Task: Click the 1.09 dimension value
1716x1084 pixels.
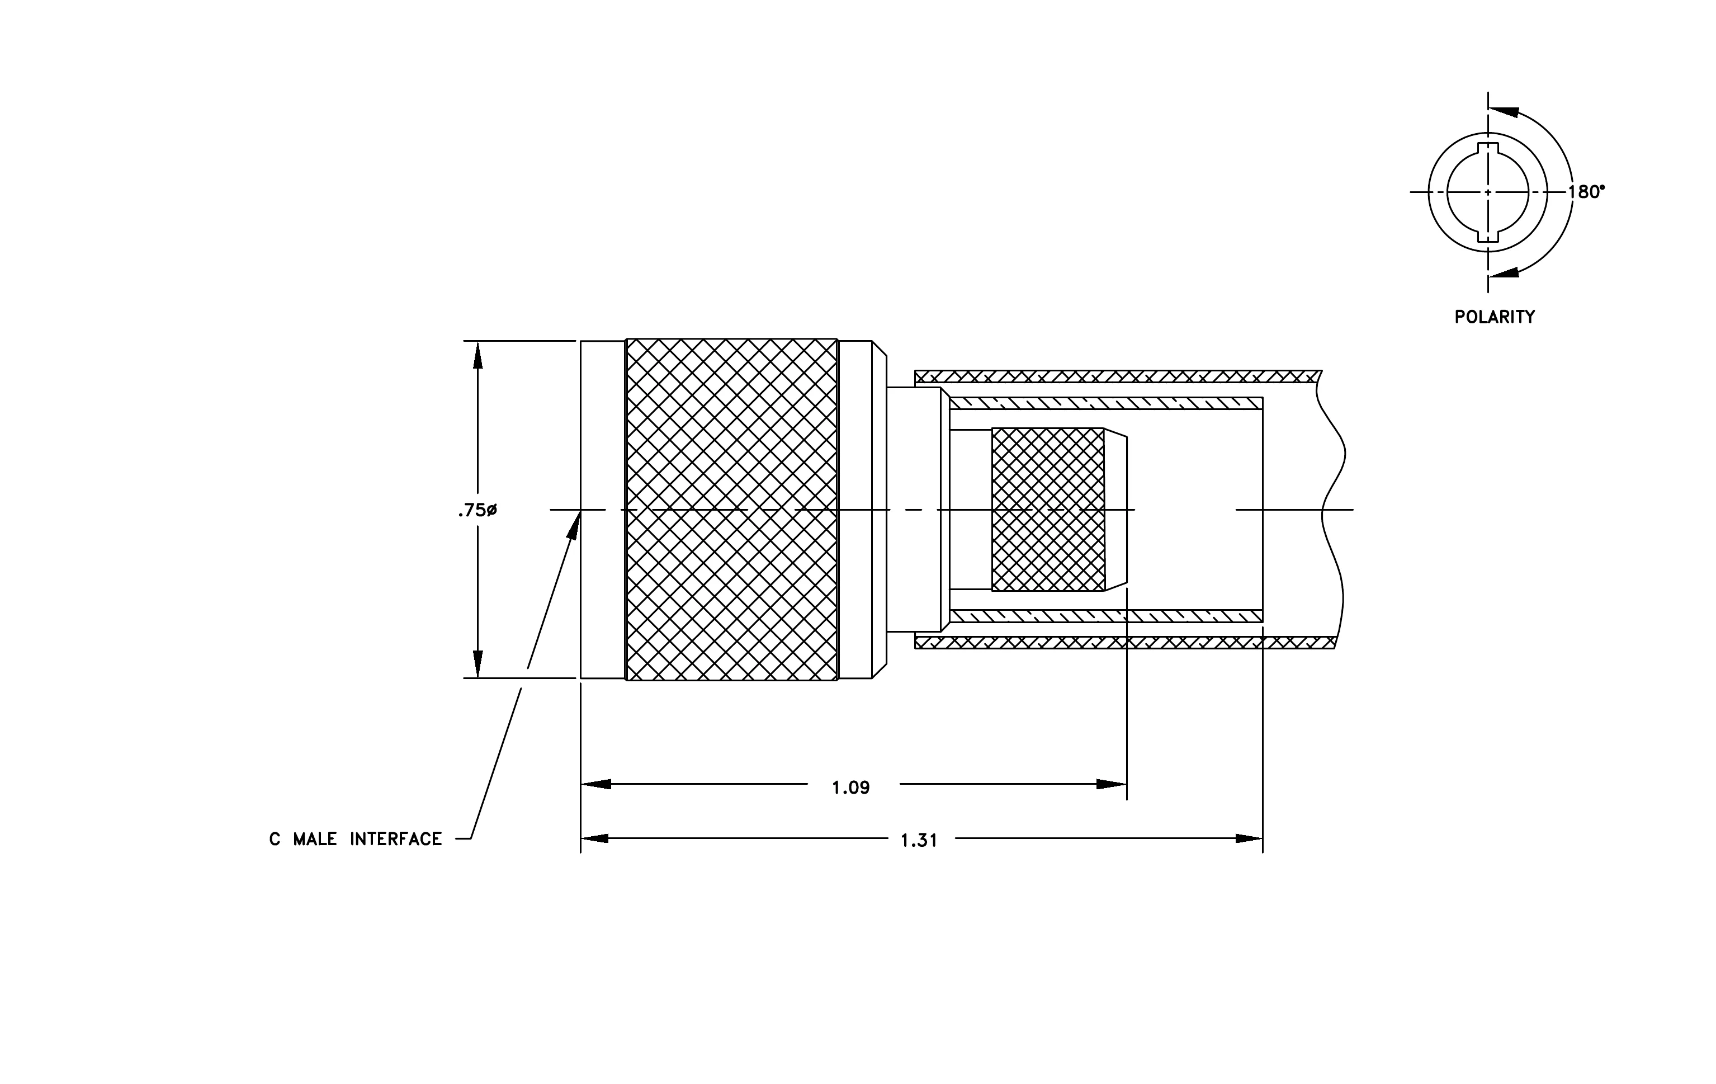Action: [x=851, y=788]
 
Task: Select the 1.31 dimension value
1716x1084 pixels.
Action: [x=919, y=841]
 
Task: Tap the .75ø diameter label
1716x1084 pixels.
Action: [x=478, y=510]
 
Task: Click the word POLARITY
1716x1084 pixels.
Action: [x=1495, y=317]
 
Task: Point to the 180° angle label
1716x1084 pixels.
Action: [x=1586, y=192]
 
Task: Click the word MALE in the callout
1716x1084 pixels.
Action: [x=315, y=840]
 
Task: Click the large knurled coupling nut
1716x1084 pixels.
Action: [x=731, y=510]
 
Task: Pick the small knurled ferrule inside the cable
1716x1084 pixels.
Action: [x=1048, y=510]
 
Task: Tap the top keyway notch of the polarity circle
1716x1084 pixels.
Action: [x=1488, y=148]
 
